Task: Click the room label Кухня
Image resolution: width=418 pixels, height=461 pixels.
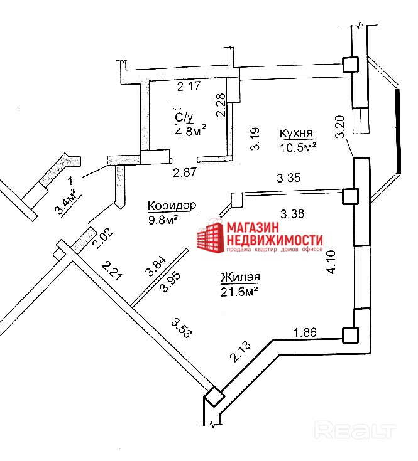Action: pos(297,134)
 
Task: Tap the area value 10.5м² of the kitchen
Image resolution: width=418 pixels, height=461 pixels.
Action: pos(297,147)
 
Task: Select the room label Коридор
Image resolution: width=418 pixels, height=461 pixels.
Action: pos(172,206)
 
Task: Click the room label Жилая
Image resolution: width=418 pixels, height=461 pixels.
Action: pos(240,277)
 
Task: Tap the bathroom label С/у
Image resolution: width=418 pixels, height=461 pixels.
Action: pos(184,117)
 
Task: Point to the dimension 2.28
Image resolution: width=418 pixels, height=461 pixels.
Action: pos(220,105)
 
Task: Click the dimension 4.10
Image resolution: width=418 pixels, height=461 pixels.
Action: pos(333,262)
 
